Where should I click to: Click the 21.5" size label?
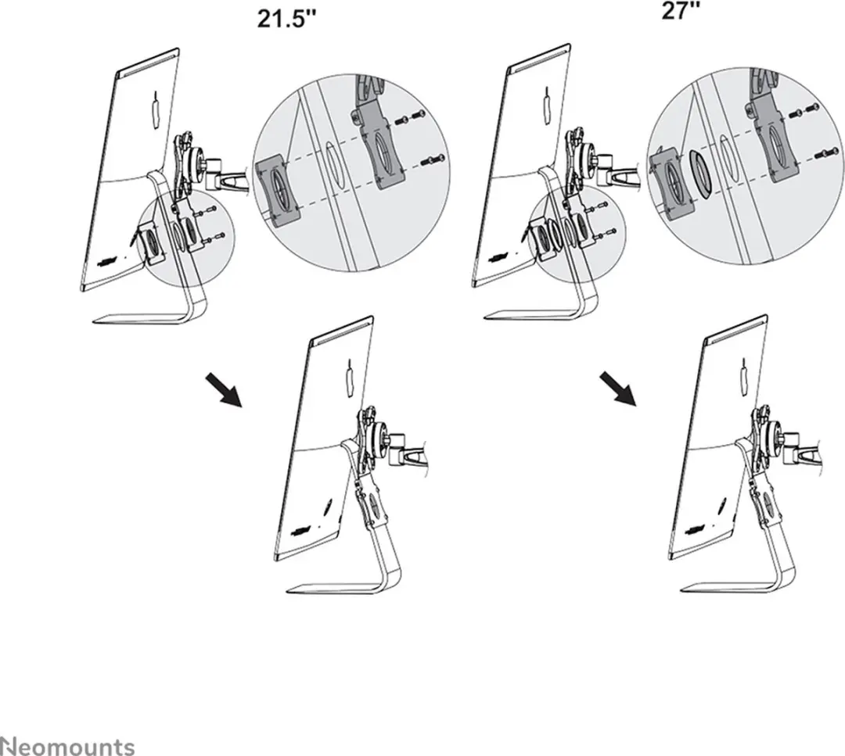click(286, 19)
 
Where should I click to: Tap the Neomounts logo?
click(67, 747)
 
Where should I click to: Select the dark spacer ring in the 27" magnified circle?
click(700, 174)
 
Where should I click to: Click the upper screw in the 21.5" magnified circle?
click(411, 117)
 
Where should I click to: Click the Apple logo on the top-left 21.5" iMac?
click(156, 111)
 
